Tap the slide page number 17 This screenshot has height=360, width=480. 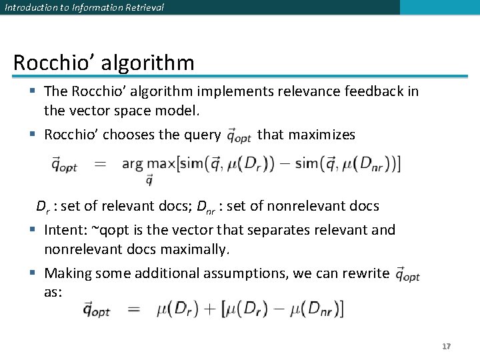coord(446,347)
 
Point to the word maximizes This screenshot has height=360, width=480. coord(306,135)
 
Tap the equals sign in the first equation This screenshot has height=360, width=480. coord(101,164)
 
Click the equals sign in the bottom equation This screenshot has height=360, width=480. coord(133,309)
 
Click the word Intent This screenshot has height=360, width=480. coord(65,230)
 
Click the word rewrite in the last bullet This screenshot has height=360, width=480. coord(365,273)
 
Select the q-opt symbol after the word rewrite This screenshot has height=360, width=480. coord(407,273)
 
